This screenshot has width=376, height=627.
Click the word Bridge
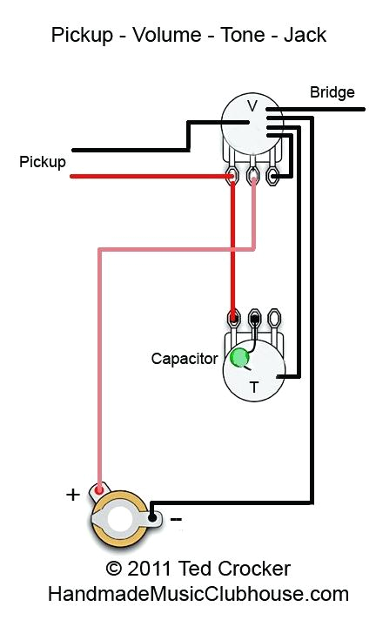coord(332,92)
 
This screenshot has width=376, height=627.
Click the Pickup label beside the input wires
coord(43,162)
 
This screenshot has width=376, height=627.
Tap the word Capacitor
coord(184,358)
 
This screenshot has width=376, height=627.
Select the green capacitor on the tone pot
coord(238,356)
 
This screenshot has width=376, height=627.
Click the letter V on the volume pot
coord(252,106)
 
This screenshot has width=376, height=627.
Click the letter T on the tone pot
coord(254,388)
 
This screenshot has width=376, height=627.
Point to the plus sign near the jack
coord(73,495)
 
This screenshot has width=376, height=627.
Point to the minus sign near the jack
coord(176,518)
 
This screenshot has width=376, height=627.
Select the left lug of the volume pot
coord(232,177)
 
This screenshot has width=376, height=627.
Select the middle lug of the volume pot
coord(253,177)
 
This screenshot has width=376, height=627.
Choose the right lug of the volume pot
coord(274,177)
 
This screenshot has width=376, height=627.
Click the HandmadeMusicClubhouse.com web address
coord(198,594)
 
